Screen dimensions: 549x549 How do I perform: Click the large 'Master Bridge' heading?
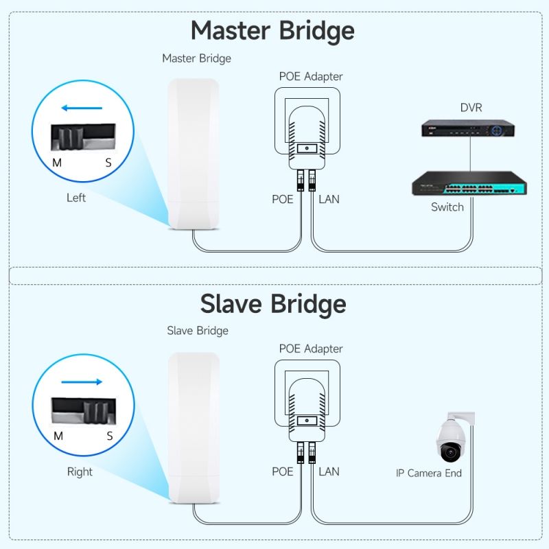click(272, 31)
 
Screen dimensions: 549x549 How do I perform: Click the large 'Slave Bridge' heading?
click(273, 303)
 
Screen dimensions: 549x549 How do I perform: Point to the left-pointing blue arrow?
click(82, 108)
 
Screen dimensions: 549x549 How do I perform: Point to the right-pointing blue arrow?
click(82, 382)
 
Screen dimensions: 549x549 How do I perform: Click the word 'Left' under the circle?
click(76, 198)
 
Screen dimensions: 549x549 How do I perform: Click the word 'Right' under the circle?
click(80, 471)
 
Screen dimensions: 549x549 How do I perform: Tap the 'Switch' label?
click(447, 207)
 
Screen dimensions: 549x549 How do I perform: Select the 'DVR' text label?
click(471, 107)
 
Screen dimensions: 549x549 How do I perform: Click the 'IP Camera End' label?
click(429, 473)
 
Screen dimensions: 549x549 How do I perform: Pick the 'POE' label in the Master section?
click(282, 199)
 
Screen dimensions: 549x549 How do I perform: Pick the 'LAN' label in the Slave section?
click(329, 471)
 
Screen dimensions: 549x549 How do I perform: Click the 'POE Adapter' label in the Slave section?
click(311, 349)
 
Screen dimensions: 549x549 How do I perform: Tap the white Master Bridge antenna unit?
click(194, 154)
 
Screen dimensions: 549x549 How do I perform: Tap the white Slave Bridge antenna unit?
click(194, 427)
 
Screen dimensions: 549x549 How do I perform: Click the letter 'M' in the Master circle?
click(58, 163)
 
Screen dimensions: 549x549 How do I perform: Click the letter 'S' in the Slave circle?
click(109, 436)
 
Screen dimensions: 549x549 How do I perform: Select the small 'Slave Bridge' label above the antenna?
click(198, 331)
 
